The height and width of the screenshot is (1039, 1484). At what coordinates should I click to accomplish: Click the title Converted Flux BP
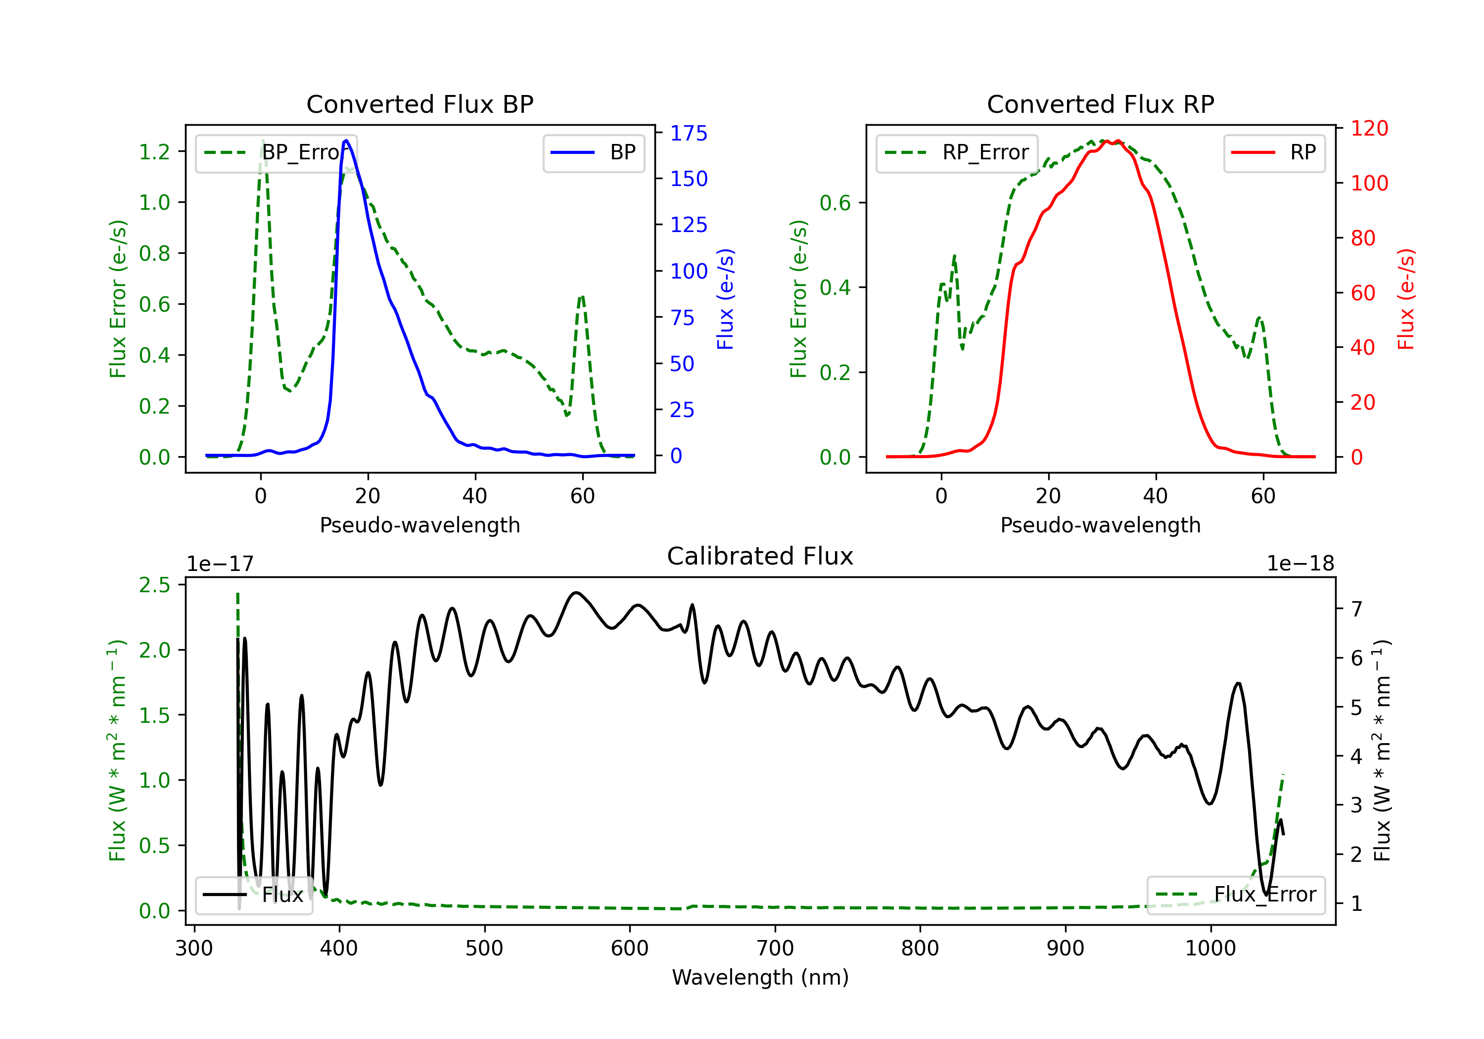pyautogui.click(x=420, y=104)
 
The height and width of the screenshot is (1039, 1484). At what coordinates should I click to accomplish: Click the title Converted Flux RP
pyautogui.click(x=1101, y=104)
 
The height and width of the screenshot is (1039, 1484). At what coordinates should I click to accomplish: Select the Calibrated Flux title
pyautogui.click(x=760, y=556)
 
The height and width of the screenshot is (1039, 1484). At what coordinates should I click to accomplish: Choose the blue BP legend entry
pyautogui.click(x=593, y=152)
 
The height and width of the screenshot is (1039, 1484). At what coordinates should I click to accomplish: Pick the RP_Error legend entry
pyautogui.click(x=957, y=152)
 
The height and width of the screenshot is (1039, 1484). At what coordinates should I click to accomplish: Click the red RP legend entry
pyautogui.click(x=1274, y=152)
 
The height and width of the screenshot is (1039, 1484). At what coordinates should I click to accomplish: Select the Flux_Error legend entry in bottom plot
pyautogui.click(x=1236, y=895)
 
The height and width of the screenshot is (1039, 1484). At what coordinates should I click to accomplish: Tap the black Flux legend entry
pyautogui.click(x=253, y=895)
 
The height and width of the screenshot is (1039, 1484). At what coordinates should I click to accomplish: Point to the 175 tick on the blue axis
pyautogui.click(x=689, y=133)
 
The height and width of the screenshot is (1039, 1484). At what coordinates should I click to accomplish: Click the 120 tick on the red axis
pyautogui.click(x=1369, y=128)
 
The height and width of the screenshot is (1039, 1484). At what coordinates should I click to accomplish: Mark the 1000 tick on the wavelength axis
pyautogui.click(x=1210, y=948)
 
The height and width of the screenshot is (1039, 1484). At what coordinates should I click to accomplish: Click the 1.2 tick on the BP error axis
pyautogui.click(x=154, y=151)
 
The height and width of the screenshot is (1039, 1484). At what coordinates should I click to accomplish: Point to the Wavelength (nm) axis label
pyautogui.click(x=760, y=978)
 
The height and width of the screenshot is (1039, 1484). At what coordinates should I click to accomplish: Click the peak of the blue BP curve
pyautogui.click(x=346, y=141)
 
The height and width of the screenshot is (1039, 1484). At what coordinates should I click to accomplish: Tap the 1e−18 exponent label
pyautogui.click(x=1300, y=564)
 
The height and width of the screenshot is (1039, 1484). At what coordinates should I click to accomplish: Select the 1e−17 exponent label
pyautogui.click(x=220, y=564)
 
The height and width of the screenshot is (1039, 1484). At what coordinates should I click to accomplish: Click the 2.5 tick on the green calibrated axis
pyautogui.click(x=154, y=585)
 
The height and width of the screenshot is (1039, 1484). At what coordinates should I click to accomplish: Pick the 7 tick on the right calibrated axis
pyautogui.click(x=1357, y=609)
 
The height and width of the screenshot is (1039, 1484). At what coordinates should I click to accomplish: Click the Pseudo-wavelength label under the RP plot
pyautogui.click(x=1101, y=525)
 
